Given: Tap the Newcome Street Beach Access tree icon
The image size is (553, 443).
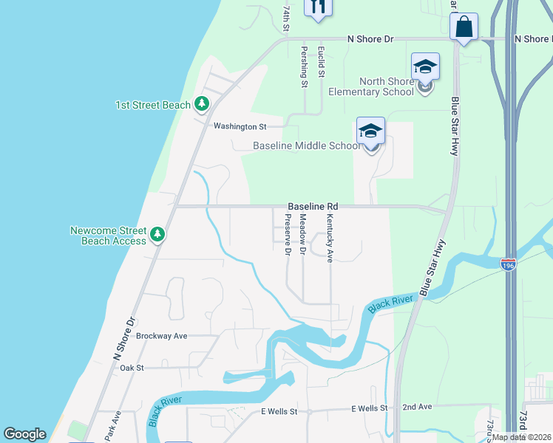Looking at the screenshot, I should click(x=157, y=235).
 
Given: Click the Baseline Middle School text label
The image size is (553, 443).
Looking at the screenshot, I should click(x=306, y=145).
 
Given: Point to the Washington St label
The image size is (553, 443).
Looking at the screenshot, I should click(x=240, y=126).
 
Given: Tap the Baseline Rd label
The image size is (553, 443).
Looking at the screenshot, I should click(x=313, y=206).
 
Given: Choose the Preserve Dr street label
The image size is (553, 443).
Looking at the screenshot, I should click(x=288, y=235).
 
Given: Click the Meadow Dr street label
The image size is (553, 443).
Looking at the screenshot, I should click(x=302, y=235).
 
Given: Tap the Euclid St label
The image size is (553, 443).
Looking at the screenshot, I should click(x=321, y=62).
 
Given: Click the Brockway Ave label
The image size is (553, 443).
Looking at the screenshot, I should click(x=162, y=335).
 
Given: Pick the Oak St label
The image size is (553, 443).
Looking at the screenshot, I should click(x=131, y=367).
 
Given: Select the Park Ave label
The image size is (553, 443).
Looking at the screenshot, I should click(x=111, y=427).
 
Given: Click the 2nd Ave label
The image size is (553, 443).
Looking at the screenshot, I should click(x=416, y=407).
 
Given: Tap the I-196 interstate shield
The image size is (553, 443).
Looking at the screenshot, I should click(x=508, y=264).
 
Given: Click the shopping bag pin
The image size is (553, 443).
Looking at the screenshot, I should click(x=464, y=28).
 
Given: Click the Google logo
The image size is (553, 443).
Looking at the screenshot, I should click(x=24, y=434).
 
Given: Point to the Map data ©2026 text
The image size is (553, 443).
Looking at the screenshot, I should click(x=522, y=437).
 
